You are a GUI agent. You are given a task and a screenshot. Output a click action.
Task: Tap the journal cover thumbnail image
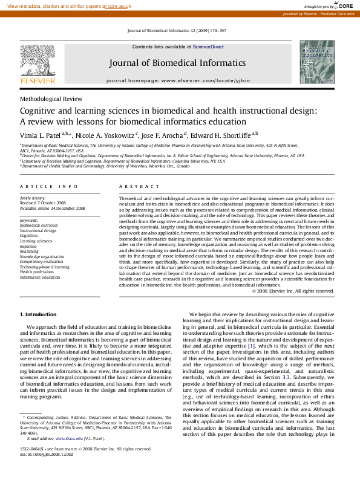click(316, 62)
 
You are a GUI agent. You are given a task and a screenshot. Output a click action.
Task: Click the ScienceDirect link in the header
click(208, 47)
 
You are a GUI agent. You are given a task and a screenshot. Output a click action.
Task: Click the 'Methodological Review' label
click(51, 99)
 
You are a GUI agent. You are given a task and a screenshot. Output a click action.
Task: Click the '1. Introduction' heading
click(39, 315)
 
